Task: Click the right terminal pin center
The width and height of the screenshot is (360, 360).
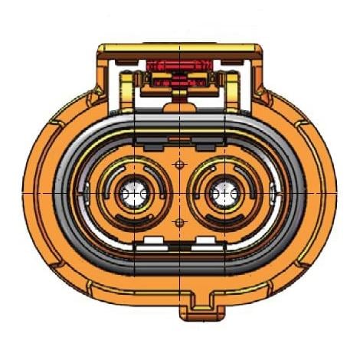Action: [224, 195]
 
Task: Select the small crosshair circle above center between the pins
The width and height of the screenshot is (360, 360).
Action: [179, 165]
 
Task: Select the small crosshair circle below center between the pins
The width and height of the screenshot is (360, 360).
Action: [179, 222]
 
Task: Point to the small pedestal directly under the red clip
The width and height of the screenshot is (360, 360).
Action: [178, 96]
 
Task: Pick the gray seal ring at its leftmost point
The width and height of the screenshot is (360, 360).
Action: [74, 194]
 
